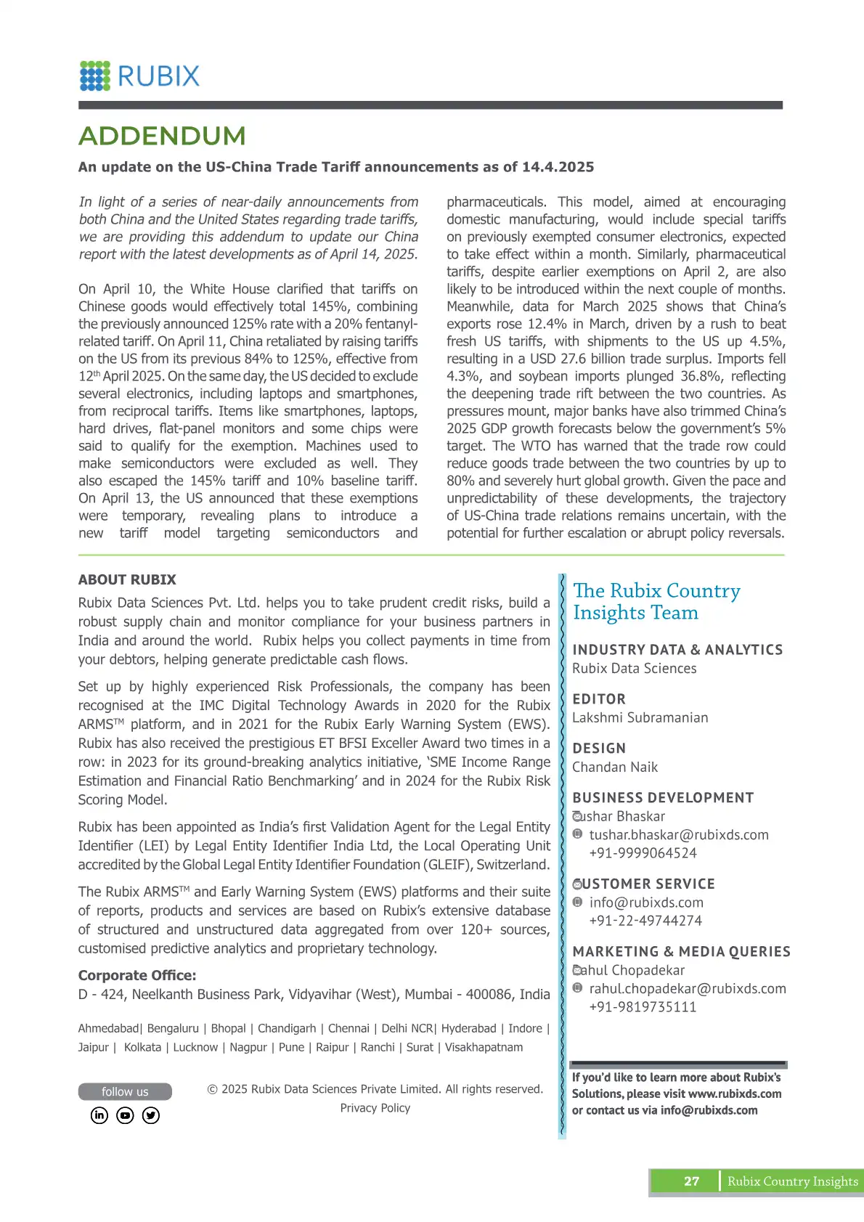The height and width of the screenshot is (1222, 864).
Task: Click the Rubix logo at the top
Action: [x=139, y=76]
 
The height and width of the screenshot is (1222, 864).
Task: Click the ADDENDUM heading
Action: [x=162, y=136]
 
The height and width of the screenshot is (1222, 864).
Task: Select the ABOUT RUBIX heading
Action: [x=127, y=579]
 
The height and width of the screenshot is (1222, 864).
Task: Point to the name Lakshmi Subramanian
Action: [x=640, y=717]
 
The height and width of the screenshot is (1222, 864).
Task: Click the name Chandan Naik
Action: [x=615, y=767]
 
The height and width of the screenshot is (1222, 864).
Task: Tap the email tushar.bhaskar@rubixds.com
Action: [x=678, y=835]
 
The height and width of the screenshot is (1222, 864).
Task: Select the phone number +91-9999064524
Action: [x=643, y=853]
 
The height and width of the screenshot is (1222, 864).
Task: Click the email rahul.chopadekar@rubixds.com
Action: [x=688, y=989]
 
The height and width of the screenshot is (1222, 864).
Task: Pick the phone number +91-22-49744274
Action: [x=645, y=921]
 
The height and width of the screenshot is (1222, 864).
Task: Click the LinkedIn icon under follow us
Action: [x=99, y=1115]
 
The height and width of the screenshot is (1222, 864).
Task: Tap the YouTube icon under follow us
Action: [x=125, y=1115]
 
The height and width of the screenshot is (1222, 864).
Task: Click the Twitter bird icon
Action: [x=151, y=1115]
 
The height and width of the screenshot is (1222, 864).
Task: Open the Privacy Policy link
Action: [x=375, y=1108]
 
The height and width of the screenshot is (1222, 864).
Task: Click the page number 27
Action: [x=691, y=1181]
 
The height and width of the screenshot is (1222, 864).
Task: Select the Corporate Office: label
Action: [x=137, y=975]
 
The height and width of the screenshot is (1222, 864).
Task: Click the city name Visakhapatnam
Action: [x=484, y=1047]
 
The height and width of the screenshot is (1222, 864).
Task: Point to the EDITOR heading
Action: [x=599, y=699]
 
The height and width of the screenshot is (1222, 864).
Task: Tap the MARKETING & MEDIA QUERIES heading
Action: [x=681, y=952]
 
